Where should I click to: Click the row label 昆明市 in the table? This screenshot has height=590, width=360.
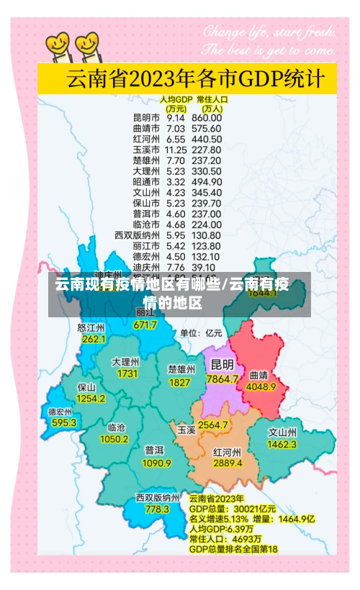(x=146, y=117)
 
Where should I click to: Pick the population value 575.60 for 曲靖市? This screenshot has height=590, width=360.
(x=207, y=129)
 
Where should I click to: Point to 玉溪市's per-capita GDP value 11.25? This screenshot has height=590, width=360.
(x=176, y=152)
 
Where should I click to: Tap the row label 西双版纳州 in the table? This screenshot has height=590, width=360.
(x=137, y=235)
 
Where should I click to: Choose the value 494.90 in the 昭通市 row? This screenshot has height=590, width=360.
(x=207, y=182)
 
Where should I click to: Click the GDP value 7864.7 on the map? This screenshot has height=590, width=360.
(x=222, y=378)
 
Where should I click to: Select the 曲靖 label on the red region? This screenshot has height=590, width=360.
(x=258, y=375)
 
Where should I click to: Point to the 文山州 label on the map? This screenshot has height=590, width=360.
(x=282, y=433)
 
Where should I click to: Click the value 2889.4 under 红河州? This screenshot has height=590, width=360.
(x=228, y=463)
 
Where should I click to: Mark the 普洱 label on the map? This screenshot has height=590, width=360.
(x=153, y=450)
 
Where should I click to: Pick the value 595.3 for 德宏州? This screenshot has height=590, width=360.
(x=63, y=423)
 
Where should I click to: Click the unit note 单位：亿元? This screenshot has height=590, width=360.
(x=201, y=333)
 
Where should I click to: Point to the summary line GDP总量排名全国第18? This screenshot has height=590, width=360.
(x=233, y=549)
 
